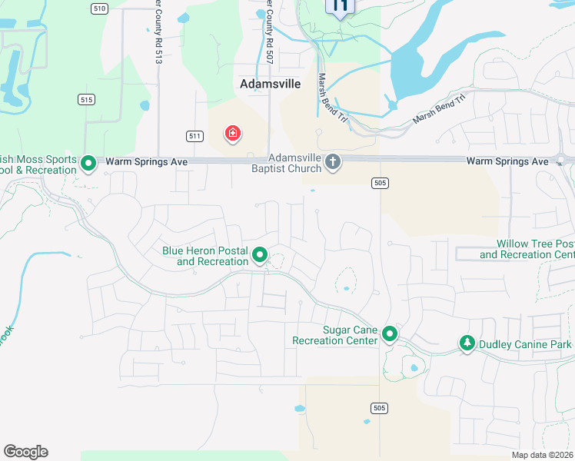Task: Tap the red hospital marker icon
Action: [x=232, y=134]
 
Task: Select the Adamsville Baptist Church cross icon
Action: [x=333, y=161]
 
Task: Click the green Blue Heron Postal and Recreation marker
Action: [x=261, y=254]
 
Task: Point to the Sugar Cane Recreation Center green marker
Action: [x=390, y=333]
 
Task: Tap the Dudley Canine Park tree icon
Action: [x=466, y=343]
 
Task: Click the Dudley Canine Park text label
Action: [x=525, y=344]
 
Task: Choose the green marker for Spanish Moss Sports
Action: [x=88, y=163]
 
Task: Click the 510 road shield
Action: [x=98, y=8]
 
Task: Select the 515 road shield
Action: [x=86, y=100]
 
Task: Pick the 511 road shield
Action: [x=194, y=136]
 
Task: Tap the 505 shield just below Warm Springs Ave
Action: [x=378, y=183]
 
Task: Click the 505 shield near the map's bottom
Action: [x=377, y=407]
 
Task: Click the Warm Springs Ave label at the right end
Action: [x=507, y=161]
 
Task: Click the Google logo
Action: [x=25, y=452]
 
